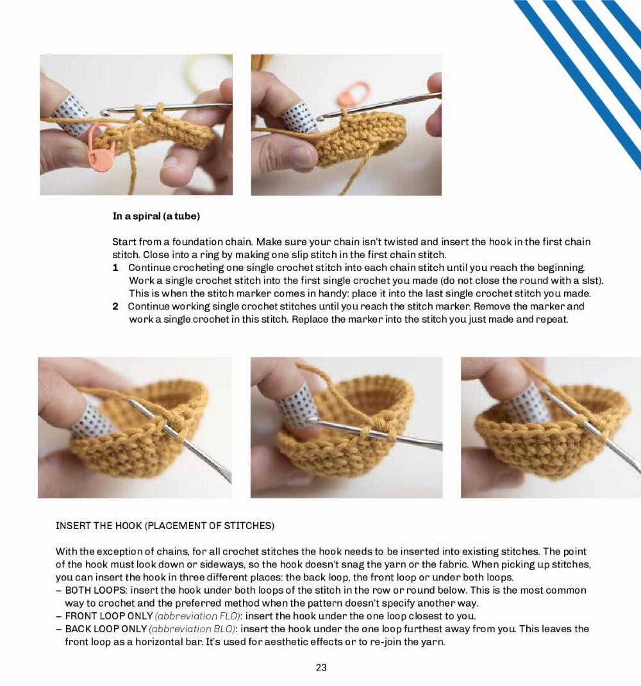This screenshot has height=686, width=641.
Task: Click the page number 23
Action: [321, 667]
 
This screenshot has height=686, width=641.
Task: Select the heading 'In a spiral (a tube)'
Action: [156, 216]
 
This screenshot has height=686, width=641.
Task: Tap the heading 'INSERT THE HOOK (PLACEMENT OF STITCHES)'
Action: [165, 526]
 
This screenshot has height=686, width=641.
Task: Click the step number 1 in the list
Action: [115, 267]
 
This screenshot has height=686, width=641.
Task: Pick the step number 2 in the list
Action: [115, 306]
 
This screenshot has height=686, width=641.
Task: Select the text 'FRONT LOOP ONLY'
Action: [109, 616]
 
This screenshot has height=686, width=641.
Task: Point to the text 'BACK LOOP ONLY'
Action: [106, 629]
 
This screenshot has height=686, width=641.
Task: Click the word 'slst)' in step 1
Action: [592, 281]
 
